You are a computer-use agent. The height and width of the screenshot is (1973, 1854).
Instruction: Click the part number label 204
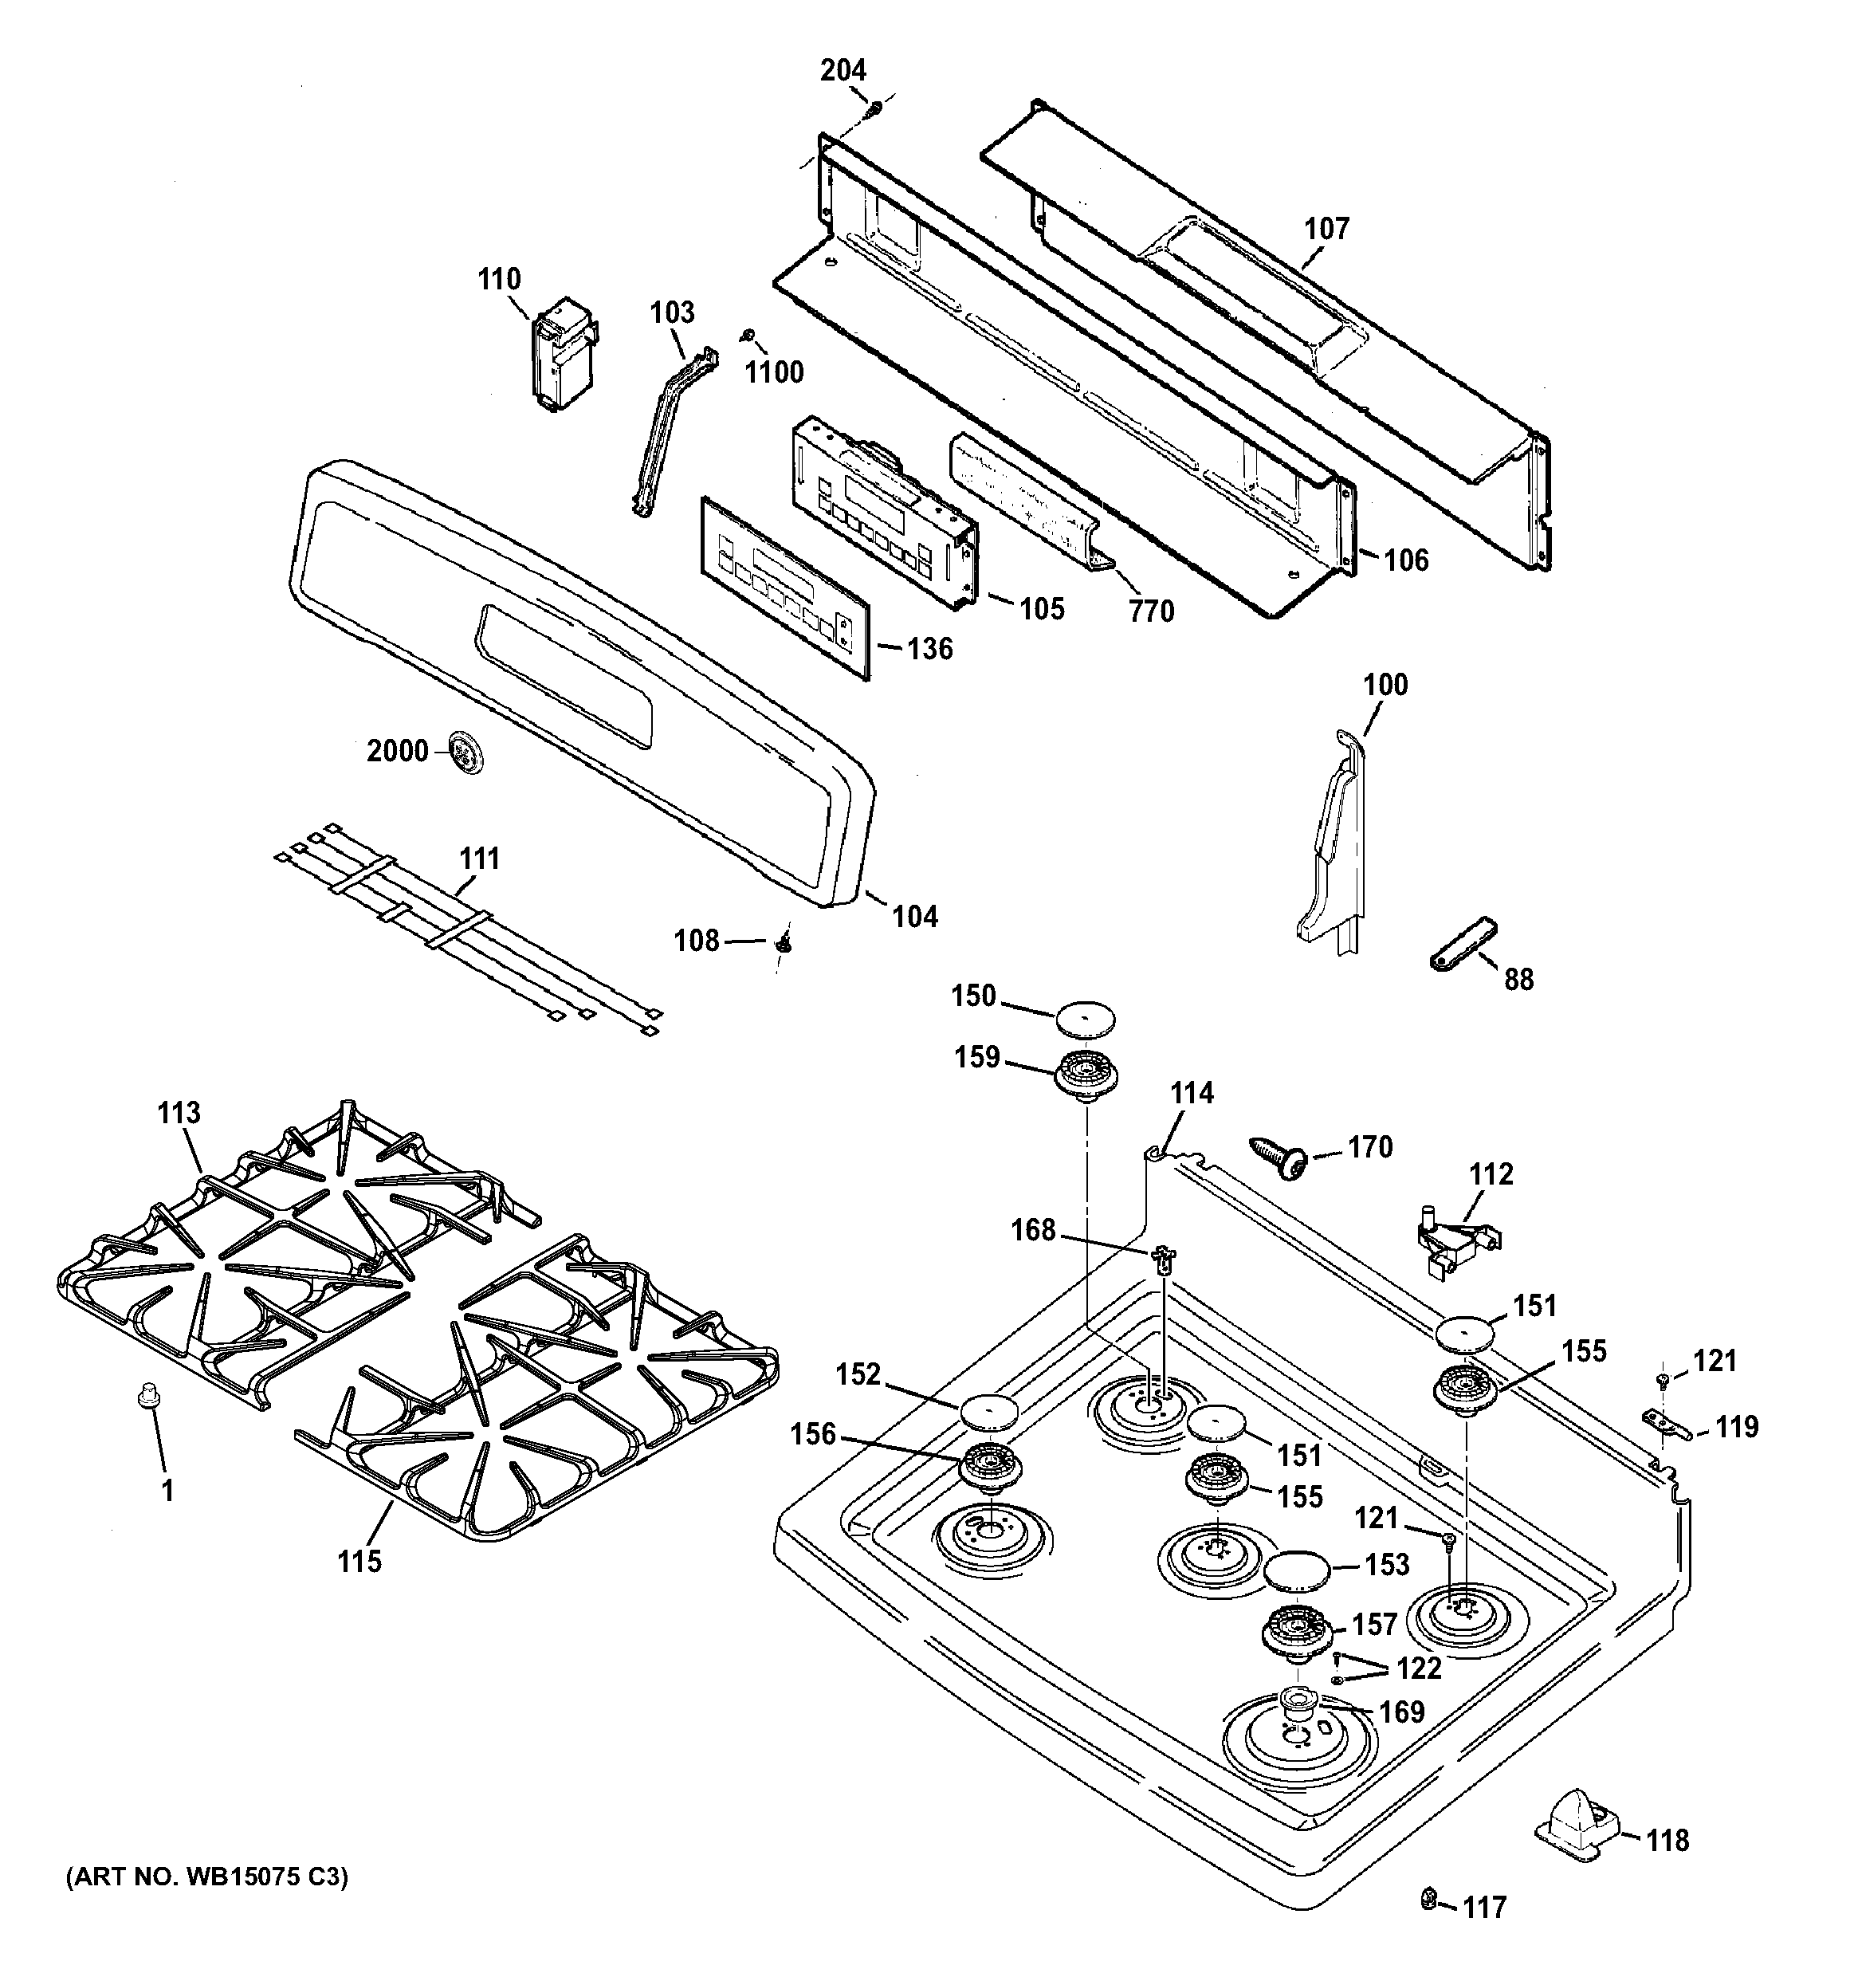843,70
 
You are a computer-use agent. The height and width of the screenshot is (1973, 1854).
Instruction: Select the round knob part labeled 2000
466,751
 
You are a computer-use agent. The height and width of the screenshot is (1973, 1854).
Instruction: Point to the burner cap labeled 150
1085,1017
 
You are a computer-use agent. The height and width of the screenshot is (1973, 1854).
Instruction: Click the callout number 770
1151,611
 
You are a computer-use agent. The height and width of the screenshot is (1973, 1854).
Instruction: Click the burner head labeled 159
1086,1075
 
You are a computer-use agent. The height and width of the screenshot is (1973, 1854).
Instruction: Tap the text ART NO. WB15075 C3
207,1877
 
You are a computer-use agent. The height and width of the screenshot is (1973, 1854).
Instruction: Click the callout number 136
930,649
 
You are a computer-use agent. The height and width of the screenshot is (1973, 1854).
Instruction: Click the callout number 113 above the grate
179,1113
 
